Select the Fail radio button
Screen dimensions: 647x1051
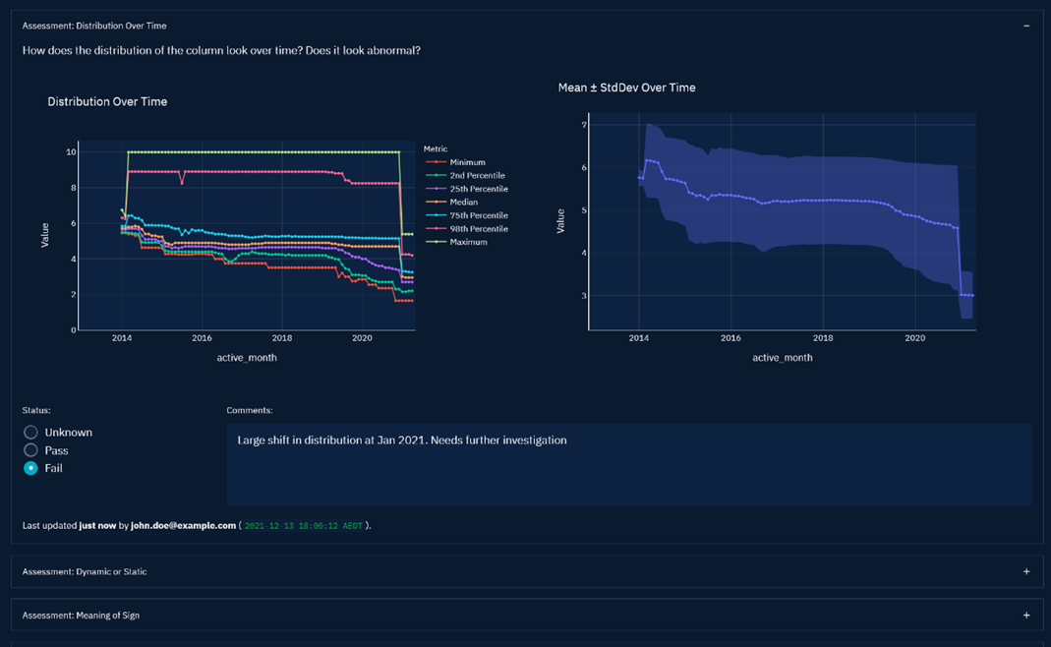31,468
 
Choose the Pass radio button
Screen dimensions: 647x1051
31,450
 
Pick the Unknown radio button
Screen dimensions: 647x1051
31,433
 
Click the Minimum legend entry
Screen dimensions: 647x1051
467,162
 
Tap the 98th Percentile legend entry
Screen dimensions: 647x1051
479,229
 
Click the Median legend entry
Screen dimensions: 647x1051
463,203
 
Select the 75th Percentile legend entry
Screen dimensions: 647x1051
479,215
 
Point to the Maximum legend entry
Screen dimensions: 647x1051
468,242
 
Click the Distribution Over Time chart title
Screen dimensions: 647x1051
107,101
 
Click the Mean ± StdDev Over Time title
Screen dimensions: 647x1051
626,88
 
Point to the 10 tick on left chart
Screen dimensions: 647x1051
71,152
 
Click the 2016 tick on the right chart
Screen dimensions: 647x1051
730,338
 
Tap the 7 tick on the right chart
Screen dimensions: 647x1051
584,125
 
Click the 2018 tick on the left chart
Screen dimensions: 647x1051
281,338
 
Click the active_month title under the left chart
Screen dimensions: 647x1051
247,358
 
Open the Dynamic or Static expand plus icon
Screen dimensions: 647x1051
1026,571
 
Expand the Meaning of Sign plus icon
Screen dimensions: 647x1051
1026,616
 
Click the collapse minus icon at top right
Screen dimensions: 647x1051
1026,26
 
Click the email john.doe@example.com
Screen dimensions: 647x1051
183,525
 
